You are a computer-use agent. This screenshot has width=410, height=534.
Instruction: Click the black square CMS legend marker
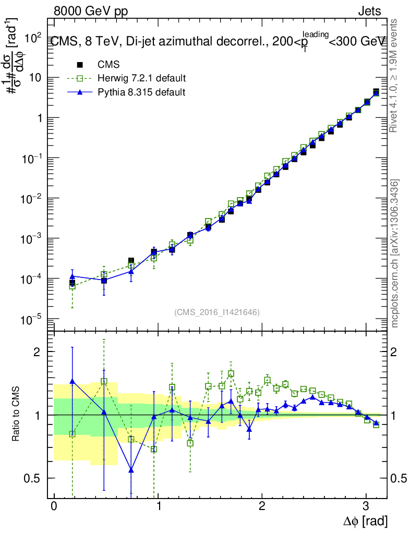[80, 65]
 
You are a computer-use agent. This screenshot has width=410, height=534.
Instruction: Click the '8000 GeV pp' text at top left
[91, 11]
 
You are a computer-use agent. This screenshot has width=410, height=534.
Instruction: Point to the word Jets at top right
[369, 11]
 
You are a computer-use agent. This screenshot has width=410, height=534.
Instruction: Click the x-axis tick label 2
[262, 506]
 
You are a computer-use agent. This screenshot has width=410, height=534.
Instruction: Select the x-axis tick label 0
[54, 506]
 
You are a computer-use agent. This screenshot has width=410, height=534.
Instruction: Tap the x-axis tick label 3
[366, 506]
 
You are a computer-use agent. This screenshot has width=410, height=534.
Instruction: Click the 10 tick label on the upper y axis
[34, 78]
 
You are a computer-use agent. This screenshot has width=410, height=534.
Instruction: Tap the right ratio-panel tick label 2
[397, 351]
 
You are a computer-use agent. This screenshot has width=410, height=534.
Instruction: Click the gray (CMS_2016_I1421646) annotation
[217, 312]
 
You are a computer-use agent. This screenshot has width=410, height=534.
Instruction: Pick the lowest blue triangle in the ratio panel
[131, 470]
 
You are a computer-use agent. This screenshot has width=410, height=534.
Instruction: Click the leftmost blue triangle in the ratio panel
[73, 381]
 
